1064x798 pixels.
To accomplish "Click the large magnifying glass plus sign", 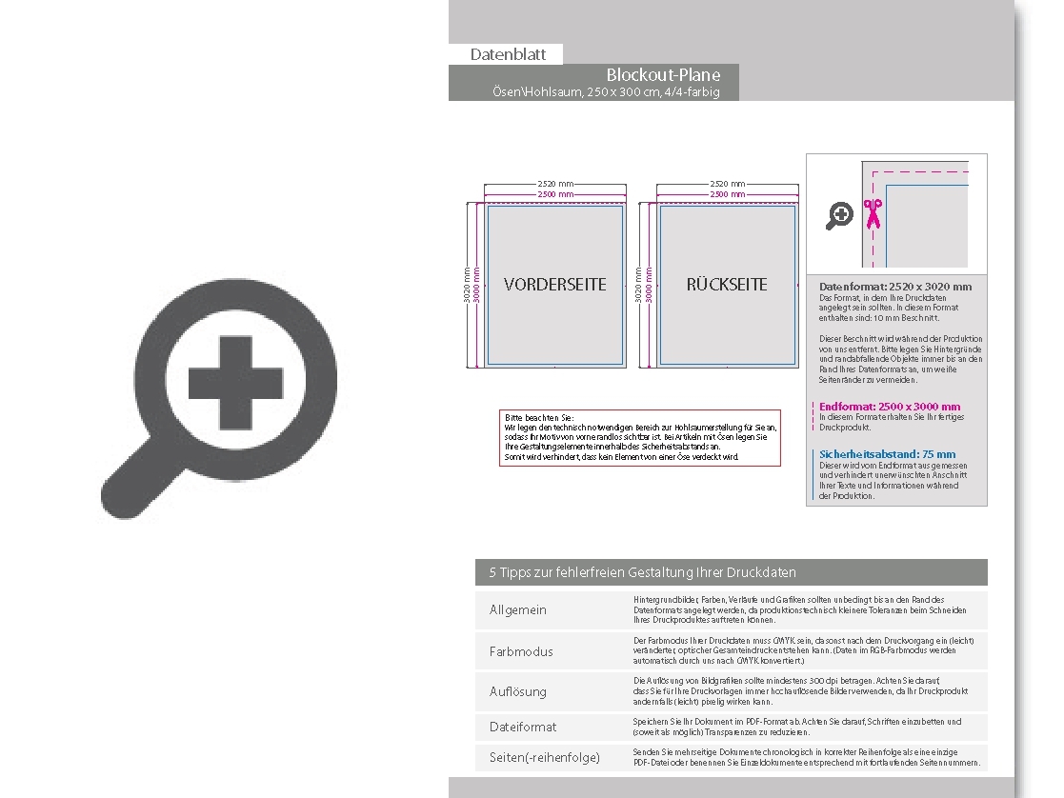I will (x=235, y=383).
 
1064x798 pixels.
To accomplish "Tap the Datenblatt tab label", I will (x=508, y=54).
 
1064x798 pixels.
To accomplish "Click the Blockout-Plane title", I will (x=663, y=75).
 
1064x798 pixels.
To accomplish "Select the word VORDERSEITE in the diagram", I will (x=554, y=284).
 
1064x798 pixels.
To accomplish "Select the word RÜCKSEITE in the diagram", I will (x=727, y=284).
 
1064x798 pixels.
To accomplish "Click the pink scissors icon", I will (x=872, y=215).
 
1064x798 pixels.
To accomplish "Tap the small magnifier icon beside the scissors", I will (x=839, y=216).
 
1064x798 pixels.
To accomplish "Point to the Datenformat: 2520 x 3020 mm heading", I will (x=895, y=286).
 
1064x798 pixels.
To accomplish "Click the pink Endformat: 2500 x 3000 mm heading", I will (x=890, y=407).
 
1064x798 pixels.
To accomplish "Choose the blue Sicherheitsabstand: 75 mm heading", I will (x=888, y=454).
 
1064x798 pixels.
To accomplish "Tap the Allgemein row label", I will (x=518, y=609).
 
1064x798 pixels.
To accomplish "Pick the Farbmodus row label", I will (x=521, y=651).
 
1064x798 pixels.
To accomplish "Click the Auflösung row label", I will (x=518, y=691).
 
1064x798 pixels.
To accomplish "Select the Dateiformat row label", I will (x=523, y=727).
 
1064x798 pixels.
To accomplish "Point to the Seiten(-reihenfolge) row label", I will (x=545, y=757).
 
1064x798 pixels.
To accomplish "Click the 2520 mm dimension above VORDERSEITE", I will (x=555, y=184).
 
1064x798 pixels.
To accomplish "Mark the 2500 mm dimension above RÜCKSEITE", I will (x=728, y=194).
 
